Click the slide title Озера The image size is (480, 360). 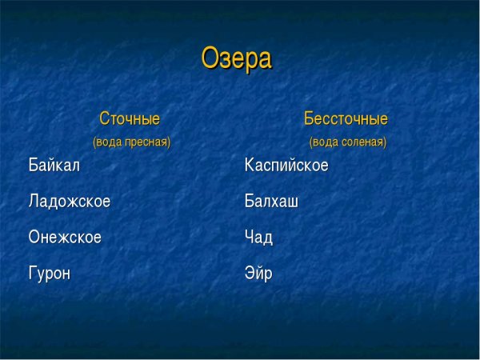pyautogui.click(x=236, y=58)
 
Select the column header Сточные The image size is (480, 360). pyautogui.click(x=130, y=119)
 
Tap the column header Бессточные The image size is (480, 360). pyautogui.click(x=346, y=119)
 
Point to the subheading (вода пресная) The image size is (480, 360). pyautogui.click(x=132, y=142)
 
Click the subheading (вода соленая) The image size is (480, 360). pyautogui.click(x=348, y=142)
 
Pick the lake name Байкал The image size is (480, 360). pyautogui.click(x=54, y=166)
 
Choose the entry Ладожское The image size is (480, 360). pyautogui.click(x=69, y=202)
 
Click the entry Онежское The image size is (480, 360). pyautogui.click(x=65, y=238)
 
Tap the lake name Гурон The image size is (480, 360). pyautogui.click(x=50, y=274)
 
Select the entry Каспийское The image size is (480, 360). pyautogui.click(x=286, y=166)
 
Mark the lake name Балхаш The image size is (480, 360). pyautogui.click(x=271, y=202)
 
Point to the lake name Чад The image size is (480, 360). pyautogui.click(x=258, y=238)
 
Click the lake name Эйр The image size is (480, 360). pyautogui.click(x=258, y=274)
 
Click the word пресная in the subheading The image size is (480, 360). pyautogui.click(x=146, y=142)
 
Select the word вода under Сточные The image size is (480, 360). pyautogui.click(x=110, y=142)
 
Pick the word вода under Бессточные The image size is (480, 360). pyautogui.click(x=326, y=142)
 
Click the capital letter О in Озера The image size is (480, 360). pyautogui.click(x=210, y=58)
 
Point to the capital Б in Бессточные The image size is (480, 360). pyautogui.click(x=310, y=119)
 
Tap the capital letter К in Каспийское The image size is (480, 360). pyautogui.click(x=250, y=166)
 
